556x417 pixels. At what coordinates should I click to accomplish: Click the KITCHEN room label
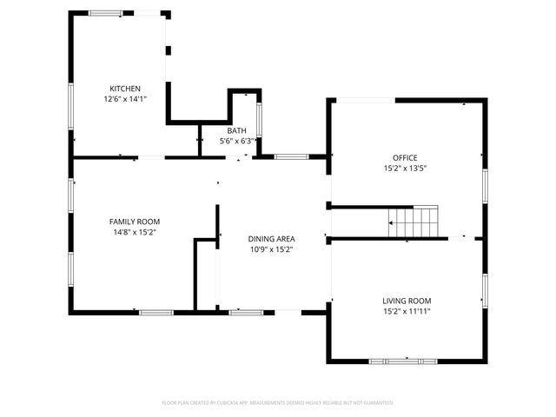click(x=124, y=89)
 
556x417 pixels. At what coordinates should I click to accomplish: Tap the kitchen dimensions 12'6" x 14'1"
click(x=124, y=99)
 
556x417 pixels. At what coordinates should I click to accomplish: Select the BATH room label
click(x=236, y=130)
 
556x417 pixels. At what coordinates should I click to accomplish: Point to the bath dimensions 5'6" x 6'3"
click(x=237, y=141)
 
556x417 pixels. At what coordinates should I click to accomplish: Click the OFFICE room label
click(x=405, y=157)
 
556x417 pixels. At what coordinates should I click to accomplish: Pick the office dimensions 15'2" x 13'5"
click(x=405, y=168)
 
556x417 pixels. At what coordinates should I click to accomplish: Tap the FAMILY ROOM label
click(x=134, y=222)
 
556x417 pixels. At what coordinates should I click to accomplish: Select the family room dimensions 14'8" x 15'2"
click(x=134, y=232)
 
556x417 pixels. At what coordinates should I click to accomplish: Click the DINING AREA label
click(x=272, y=239)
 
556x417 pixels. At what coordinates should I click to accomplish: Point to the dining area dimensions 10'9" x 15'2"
click(x=272, y=249)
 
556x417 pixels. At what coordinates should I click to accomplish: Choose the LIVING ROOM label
click(x=407, y=301)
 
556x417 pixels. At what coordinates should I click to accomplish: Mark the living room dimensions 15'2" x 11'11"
click(x=407, y=311)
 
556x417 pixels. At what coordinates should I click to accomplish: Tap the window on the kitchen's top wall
click(x=106, y=13)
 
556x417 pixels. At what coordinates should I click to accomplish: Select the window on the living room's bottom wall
click(x=401, y=361)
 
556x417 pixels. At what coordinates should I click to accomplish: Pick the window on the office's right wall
click(x=485, y=184)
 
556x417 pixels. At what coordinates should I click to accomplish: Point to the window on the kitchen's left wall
click(x=71, y=105)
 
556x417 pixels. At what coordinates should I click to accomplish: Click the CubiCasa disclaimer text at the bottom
click(x=278, y=402)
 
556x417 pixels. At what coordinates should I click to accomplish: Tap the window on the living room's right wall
click(x=485, y=291)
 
